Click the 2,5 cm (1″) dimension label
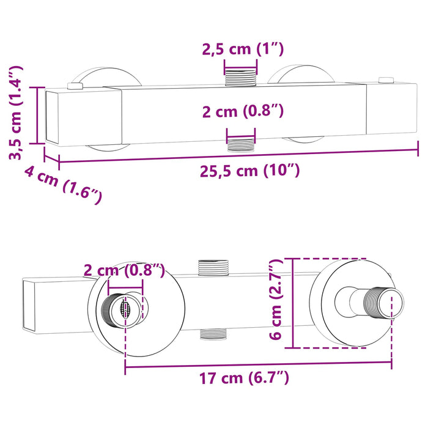(243, 50)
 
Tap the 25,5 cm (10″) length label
(249, 171)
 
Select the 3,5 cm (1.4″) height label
(16, 113)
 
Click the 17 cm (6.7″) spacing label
(244, 378)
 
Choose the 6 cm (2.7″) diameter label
(276, 300)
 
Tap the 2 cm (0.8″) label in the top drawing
(243, 111)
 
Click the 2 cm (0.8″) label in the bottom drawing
(124, 270)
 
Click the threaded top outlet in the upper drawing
(240, 77)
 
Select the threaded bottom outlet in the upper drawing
(241, 144)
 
